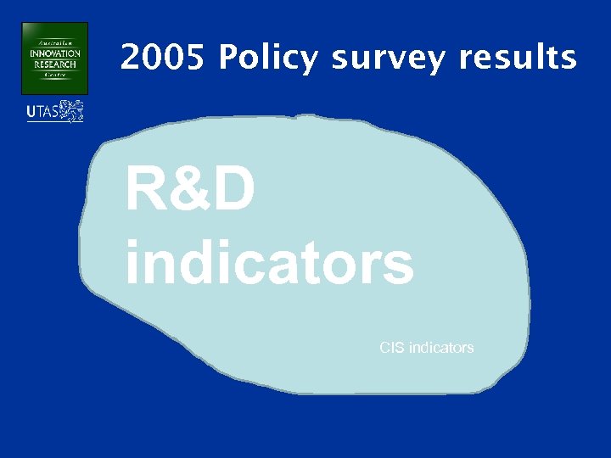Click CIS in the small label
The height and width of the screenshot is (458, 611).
point(392,348)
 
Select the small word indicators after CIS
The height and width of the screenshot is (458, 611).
point(441,348)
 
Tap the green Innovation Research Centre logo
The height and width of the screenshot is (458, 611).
point(55,59)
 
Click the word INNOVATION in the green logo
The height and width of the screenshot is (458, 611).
point(55,54)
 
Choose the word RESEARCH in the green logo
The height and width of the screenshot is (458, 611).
point(55,64)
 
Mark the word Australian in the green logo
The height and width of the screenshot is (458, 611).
point(55,41)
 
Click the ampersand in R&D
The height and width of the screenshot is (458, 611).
point(189,190)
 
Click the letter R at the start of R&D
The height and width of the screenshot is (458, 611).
point(146,190)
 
